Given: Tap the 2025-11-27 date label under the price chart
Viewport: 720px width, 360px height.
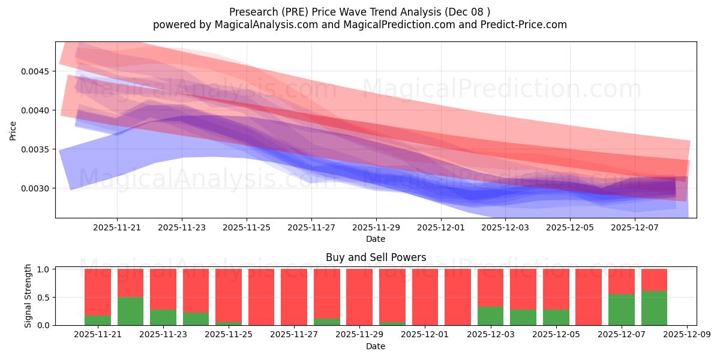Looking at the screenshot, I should pos(311,227).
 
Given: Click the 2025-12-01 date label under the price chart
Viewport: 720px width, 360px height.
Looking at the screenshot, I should pos(441,227).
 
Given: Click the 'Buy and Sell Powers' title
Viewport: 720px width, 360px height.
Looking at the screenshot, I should pos(376,257).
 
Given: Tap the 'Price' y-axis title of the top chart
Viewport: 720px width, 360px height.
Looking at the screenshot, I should pos(13,130).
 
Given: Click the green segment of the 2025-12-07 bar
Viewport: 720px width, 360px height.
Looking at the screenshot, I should pos(621,310).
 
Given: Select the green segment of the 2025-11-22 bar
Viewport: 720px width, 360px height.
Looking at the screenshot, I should pos(130,311).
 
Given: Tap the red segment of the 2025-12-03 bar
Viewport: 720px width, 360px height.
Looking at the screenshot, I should pos(490,287).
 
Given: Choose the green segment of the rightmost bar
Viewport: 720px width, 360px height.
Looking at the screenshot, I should pos(654,308).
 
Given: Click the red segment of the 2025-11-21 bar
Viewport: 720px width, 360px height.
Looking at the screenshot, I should pos(98,292).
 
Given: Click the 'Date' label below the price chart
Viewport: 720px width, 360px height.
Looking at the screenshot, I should pos(376,239).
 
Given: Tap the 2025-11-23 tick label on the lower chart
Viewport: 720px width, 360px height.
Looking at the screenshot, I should pos(163,335).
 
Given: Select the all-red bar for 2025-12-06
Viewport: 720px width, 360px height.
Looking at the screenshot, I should pos(589,297).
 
